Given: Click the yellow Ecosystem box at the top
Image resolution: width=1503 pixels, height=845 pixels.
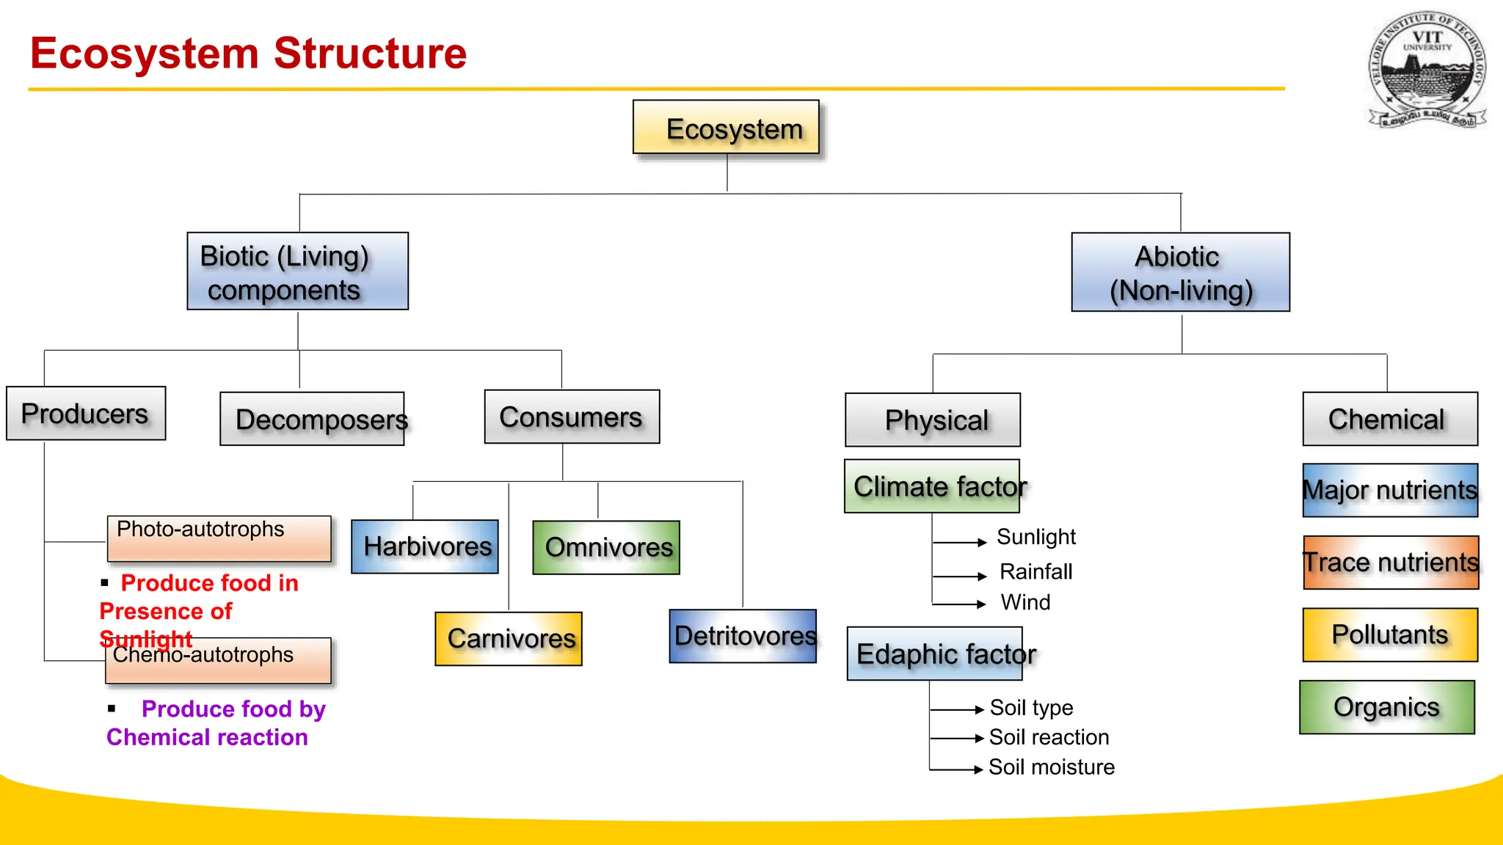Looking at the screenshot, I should [x=726, y=127].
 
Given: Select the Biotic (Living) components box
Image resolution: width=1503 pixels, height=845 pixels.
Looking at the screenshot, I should [x=297, y=271].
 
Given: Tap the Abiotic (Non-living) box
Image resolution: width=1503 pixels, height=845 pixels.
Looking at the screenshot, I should [x=1180, y=272].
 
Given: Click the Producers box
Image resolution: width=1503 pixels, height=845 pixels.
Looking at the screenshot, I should [x=86, y=414].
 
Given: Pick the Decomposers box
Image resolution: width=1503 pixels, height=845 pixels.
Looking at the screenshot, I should [x=312, y=419].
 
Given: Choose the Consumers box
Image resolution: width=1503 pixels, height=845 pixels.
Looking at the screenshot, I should [x=572, y=417].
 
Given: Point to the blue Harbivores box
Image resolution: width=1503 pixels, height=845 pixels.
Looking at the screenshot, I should [x=425, y=546].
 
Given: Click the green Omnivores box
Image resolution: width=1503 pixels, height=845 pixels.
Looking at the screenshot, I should [x=606, y=547].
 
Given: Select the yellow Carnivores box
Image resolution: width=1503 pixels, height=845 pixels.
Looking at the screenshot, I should [x=509, y=639].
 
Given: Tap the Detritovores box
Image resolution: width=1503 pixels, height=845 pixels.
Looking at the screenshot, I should [x=743, y=636].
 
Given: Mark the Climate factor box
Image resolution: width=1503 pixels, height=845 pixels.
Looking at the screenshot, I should [x=932, y=486].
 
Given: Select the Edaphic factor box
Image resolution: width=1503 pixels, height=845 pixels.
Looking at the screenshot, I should [x=934, y=654].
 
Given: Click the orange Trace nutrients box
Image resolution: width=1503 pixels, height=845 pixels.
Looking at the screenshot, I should [x=1391, y=563].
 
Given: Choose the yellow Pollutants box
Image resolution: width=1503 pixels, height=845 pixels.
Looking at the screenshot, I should [x=1390, y=634].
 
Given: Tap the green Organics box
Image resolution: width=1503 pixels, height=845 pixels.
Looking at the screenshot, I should [x=1386, y=707].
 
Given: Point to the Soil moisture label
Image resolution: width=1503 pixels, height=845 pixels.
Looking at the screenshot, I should [x=1051, y=767].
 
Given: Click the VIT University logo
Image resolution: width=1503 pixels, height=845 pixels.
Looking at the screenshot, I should [x=1427, y=70].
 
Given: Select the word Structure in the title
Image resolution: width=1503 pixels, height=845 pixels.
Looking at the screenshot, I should [x=370, y=54].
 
